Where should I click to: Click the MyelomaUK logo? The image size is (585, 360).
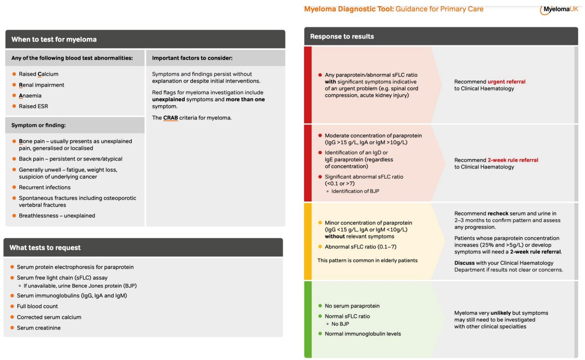(559, 9)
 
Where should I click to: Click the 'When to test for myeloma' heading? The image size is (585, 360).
(54, 39)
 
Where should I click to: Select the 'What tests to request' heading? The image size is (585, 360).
(45, 247)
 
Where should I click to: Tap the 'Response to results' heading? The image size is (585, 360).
(342, 36)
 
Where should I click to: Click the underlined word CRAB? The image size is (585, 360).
(171, 118)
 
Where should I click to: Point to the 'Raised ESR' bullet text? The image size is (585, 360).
(33, 106)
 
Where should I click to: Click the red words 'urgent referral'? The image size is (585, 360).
(506, 82)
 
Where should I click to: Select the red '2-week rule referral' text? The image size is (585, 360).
(513, 160)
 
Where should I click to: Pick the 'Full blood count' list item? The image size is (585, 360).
(37, 306)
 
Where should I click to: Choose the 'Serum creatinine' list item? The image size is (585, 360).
(39, 328)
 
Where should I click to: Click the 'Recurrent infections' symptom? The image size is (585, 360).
(45, 187)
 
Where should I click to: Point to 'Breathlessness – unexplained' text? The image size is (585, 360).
(57, 216)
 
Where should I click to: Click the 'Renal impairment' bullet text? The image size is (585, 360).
(41, 85)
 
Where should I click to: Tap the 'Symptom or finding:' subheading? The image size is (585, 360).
(39, 125)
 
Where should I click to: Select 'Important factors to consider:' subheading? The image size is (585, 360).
(192, 58)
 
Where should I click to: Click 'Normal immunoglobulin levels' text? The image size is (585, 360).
(362, 334)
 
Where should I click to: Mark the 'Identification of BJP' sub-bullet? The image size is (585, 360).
(355, 191)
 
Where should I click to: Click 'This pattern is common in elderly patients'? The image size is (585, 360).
(368, 260)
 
